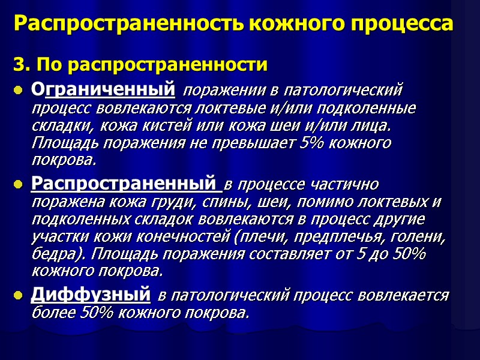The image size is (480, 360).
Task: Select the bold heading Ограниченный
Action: pos(103,91)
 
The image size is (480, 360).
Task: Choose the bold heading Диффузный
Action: pos(90,295)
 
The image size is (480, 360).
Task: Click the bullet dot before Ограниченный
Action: pos(18,92)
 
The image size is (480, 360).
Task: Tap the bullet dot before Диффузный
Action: pos(18,295)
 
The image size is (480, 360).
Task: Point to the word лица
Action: pos(371,127)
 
